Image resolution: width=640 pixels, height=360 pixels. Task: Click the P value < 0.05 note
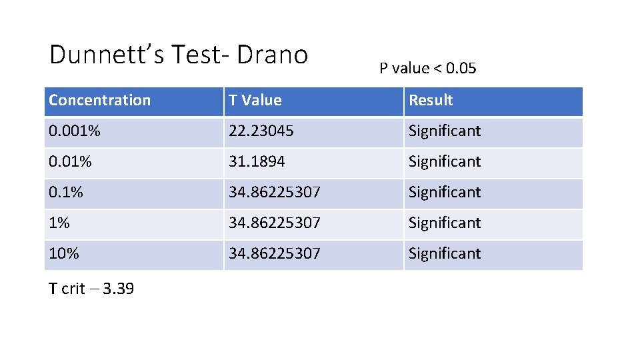click(428, 68)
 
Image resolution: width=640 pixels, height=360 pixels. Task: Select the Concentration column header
click(100, 101)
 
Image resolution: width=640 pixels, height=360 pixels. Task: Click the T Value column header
click(255, 101)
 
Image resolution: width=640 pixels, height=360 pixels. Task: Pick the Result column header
click(431, 101)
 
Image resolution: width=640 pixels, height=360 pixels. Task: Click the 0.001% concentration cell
click(74, 131)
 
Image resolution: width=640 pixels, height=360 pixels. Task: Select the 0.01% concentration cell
click(70, 162)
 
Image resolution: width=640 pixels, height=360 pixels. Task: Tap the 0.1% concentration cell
click(66, 193)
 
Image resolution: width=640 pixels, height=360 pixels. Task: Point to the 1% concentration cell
click(59, 223)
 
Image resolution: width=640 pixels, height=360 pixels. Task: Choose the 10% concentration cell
click(64, 254)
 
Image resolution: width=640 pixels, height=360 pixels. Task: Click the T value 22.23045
click(261, 131)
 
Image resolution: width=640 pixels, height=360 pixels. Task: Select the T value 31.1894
click(256, 162)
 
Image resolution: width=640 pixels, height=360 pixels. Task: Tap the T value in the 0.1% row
click(275, 193)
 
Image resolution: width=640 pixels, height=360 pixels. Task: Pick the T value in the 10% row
click(275, 254)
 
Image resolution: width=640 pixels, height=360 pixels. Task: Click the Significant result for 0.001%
click(445, 131)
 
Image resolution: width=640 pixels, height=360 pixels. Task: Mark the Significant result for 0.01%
click(445, 162)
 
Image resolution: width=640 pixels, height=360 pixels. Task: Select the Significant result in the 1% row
click(445, 223)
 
